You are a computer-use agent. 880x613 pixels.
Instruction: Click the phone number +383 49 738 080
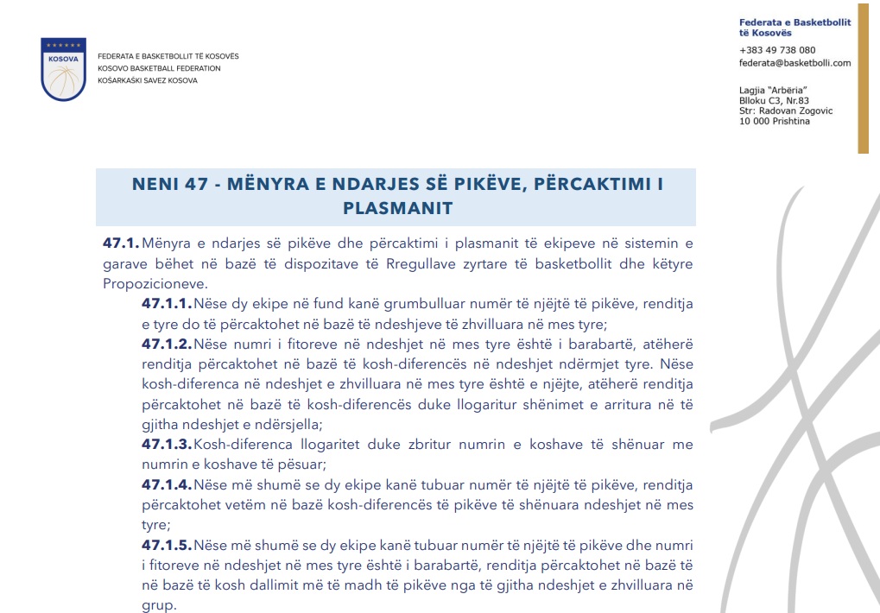click(777, 50)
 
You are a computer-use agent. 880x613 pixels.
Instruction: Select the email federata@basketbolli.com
click(795, 63)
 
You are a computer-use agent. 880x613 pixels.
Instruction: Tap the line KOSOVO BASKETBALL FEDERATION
click(159, 68)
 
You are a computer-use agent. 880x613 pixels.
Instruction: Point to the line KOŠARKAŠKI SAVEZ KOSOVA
click(148, 80)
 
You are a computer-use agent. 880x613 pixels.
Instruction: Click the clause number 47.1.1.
click(167, 304)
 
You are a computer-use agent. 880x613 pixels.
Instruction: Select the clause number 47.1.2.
click(168, 344)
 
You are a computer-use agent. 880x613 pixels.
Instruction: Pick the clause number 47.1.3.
click(168, 445)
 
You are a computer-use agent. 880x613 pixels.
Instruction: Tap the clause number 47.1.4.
click(168, 485)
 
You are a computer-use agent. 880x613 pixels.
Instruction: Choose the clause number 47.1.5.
click(168, 546)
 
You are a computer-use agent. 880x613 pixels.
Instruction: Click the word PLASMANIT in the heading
click(397, 208)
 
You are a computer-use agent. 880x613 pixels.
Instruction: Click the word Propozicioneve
click(155, 283)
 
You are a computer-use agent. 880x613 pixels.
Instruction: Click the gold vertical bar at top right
click(863, 78)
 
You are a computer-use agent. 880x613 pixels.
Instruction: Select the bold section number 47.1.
click(121, 243)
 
